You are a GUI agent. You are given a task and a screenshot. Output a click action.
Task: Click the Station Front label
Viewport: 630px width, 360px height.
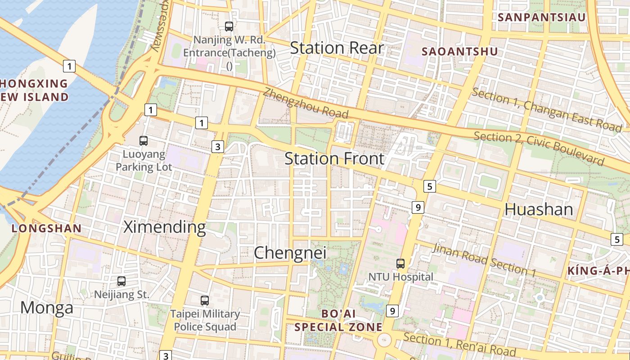(x=334, y=158)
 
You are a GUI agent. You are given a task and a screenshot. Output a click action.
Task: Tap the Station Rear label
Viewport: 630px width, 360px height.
(x=337, y=48)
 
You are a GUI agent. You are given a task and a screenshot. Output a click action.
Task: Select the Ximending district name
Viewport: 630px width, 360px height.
(x=164, y=227)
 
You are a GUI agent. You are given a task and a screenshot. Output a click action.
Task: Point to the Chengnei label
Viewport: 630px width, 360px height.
(x=290, y=253)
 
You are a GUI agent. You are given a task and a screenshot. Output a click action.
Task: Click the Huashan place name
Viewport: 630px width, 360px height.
(x=539, y=209)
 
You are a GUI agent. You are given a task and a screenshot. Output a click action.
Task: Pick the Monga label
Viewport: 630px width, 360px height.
(x=46, y=308)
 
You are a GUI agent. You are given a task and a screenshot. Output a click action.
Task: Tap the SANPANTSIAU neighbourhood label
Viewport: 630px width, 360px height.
(x=542, y=18)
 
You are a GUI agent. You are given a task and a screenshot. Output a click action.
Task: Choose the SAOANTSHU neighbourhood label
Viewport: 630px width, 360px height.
(x=459, y=52)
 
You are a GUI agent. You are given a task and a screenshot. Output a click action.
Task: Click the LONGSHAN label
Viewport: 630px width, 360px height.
(x=46, y=229)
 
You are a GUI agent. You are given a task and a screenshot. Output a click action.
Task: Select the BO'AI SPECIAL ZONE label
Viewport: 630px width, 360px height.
(x=338, y=320)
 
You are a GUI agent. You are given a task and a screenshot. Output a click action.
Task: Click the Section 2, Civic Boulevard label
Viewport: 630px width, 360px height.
(x=538, y=148)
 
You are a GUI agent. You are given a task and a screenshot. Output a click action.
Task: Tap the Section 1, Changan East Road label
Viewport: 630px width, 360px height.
(x=546, y=110)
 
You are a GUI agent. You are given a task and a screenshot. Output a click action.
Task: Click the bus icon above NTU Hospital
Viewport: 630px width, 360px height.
(x=400, y=263)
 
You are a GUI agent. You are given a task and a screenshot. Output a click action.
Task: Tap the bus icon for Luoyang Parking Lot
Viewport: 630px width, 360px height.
(x=144, y=140)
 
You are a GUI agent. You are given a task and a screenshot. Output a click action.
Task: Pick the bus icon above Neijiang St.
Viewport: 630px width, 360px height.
(x=121, y=281)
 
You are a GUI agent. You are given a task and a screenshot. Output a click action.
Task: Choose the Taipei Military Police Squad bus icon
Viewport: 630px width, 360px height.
(x=205, y=300)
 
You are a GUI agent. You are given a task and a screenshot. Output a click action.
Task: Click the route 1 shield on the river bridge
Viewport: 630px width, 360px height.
(x=69, y=67)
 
